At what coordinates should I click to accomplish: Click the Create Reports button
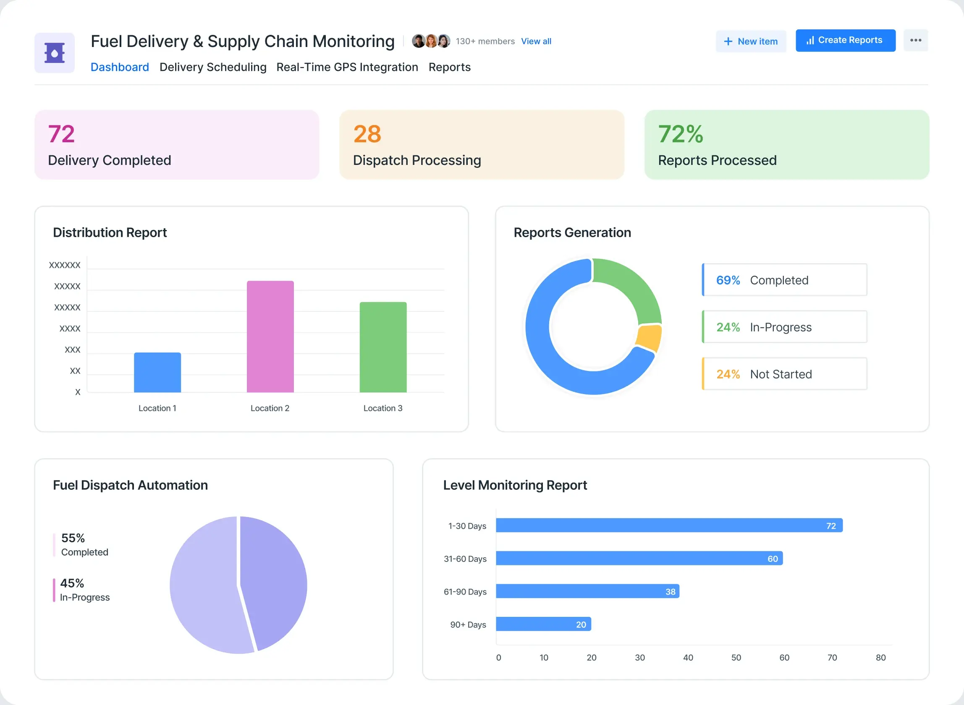(x=845, y=41)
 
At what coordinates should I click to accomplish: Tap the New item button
(x=751, y=42)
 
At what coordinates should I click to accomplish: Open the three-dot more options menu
(x=916, y=40)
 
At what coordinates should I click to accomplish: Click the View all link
(x=536, y=42)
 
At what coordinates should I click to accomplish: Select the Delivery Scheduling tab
(x=213, y=67)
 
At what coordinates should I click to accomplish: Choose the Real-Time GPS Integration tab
(x=347, y=67)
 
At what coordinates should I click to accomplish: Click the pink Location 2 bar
(x=270, y=336)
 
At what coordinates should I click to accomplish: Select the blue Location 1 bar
(x=157, y=372)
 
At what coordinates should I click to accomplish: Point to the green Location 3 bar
(x=383, y=347)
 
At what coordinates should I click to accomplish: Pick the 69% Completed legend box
(x=784, y=280)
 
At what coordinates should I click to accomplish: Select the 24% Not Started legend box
(x=784, y=374)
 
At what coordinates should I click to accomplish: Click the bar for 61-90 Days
(x=587, y=591)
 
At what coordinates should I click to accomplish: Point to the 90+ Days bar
(x=543, y=624)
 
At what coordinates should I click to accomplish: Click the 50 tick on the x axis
(x=736, y=658)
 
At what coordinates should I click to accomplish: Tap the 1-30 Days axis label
(x=467, y=526)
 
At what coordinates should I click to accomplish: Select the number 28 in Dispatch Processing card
(x=367, y=134)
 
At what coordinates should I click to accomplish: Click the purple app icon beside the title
(x=55, y=53)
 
